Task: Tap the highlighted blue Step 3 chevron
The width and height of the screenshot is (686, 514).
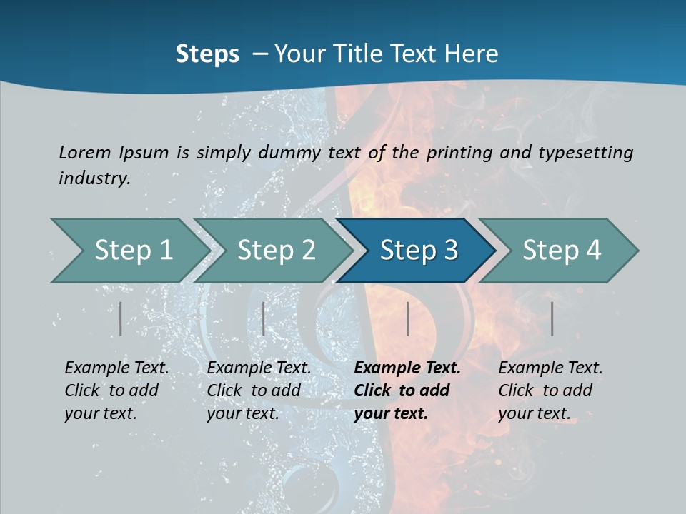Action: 419,251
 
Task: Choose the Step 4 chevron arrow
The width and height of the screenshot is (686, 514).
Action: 562,251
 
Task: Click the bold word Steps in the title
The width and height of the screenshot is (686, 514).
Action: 207,54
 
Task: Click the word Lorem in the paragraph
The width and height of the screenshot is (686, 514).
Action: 85,152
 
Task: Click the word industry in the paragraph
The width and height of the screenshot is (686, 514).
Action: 94,178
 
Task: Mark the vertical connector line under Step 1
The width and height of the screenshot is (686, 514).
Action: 120,318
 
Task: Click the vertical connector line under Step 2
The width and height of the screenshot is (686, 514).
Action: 264,318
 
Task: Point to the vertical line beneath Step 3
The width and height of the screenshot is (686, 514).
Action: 407,318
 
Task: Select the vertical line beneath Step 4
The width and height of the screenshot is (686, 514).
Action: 552,318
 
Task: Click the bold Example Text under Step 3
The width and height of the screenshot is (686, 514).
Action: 407,368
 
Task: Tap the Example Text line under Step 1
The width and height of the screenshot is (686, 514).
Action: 116,368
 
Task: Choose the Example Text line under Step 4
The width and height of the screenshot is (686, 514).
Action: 550,368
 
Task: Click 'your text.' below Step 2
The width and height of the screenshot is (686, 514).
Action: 242,413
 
